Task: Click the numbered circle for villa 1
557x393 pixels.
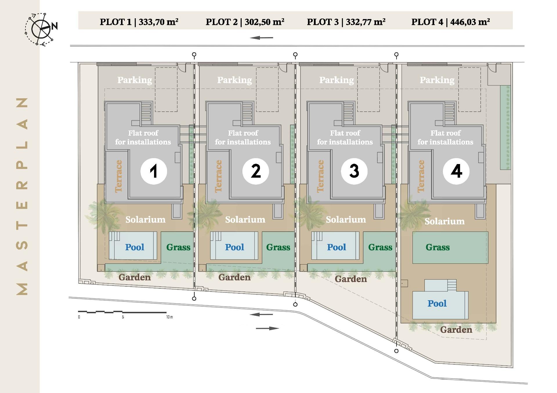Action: [154, 171]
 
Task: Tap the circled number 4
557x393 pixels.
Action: [456, 171]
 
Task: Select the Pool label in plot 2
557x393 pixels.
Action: [234, 247]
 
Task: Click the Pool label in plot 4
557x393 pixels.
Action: [437, 303]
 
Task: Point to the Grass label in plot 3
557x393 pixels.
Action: [380, 247]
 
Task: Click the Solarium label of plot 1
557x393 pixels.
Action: [145, 219]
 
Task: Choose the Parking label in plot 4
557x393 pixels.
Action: [437, 80]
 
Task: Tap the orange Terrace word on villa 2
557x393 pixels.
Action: [218, 176]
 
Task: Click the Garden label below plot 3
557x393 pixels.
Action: [351, 279]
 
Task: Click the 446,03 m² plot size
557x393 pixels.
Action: [470, 22]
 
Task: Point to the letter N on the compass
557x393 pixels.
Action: [55, 26]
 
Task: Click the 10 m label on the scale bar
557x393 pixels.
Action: [169, 317]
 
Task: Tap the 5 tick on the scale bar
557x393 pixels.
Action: [123, 317]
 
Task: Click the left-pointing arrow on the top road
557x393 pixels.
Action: [261, 38]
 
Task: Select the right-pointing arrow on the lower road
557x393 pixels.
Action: [267, 328]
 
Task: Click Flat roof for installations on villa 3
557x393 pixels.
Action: [345, 137]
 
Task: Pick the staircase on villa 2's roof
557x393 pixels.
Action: [247, 113]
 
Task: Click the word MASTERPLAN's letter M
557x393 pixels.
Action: [22, 289]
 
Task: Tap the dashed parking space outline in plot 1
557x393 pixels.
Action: [166, 89]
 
